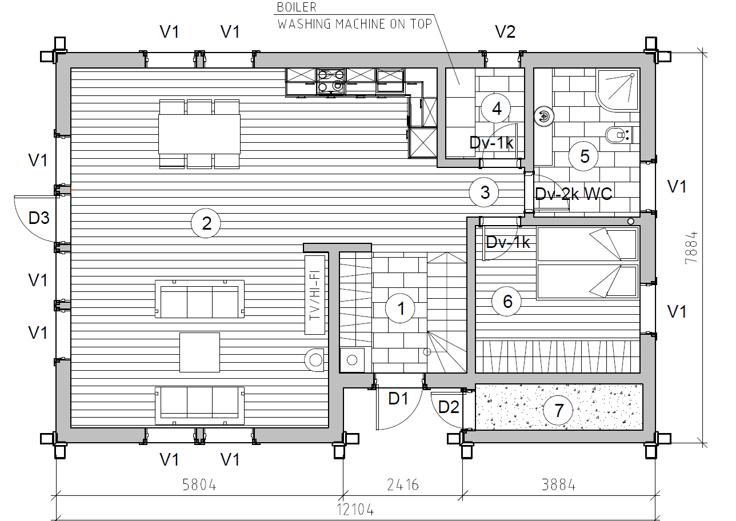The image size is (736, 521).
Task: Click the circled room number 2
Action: pos(206,223)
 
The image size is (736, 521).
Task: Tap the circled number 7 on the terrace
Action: pos(558,410)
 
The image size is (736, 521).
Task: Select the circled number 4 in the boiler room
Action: pos(496,109)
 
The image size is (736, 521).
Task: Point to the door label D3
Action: pos(39,218)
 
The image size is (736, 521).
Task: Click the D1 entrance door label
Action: pos(398,399)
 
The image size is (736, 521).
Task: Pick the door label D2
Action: pos(449,407)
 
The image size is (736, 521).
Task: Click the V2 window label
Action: pos(505,32)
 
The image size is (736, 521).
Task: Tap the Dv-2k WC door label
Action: pos(573,194)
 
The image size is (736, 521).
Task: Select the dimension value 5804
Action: pos(199,485)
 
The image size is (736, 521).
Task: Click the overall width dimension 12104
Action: pos(355,510)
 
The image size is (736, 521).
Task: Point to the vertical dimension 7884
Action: pos(691,248)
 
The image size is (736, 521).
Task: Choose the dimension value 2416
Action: pos(403,485)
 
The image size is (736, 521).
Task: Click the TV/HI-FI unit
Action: pos(315,295)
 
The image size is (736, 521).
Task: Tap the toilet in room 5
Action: pos(618,135)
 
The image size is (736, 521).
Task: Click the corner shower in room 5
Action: pos(618,89)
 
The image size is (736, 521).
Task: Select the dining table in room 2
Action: pos(199,134)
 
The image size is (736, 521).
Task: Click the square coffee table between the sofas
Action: pos(199,352)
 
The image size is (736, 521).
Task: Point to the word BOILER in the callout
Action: pos(297,7)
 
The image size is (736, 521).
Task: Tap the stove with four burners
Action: pos(331,81)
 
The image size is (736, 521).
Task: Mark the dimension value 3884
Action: pos(559,485)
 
